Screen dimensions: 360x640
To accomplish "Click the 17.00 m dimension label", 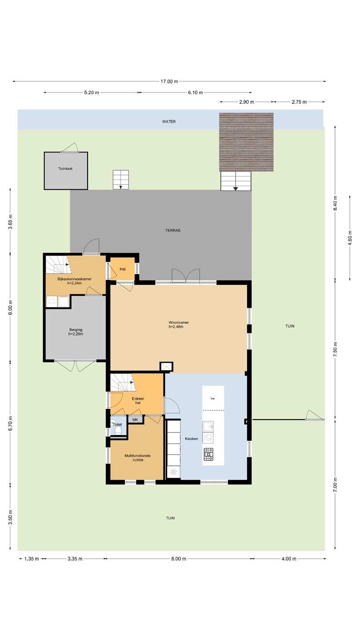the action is [169, 81].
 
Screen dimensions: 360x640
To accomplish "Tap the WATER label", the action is [169, 121].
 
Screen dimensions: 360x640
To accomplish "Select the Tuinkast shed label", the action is [65, 168].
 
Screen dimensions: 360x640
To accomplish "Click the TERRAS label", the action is [172, 230].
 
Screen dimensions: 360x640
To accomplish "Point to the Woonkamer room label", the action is [179, 322].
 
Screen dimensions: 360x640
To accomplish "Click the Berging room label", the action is [76, 329].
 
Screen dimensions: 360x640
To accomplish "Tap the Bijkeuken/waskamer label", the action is [74, 279].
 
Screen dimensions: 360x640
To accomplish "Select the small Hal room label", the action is [123, 269].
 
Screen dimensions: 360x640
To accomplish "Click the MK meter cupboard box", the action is [135, 420].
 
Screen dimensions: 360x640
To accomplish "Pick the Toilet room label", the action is [117, 424].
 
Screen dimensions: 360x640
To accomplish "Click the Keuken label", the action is [192, 439].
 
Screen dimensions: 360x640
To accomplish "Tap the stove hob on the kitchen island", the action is [208, 454].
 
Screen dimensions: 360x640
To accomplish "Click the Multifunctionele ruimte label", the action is [138, 458].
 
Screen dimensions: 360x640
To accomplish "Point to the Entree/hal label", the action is [138, 400].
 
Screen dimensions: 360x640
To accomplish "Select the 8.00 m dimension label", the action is [179, 559].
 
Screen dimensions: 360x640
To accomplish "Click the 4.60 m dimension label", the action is [350, 238].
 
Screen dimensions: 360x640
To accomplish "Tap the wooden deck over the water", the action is [246, 142].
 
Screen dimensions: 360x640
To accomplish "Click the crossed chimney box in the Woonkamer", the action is [166, 367].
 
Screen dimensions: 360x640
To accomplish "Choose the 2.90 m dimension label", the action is [247, 102].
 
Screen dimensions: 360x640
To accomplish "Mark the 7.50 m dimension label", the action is [336, 349].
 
